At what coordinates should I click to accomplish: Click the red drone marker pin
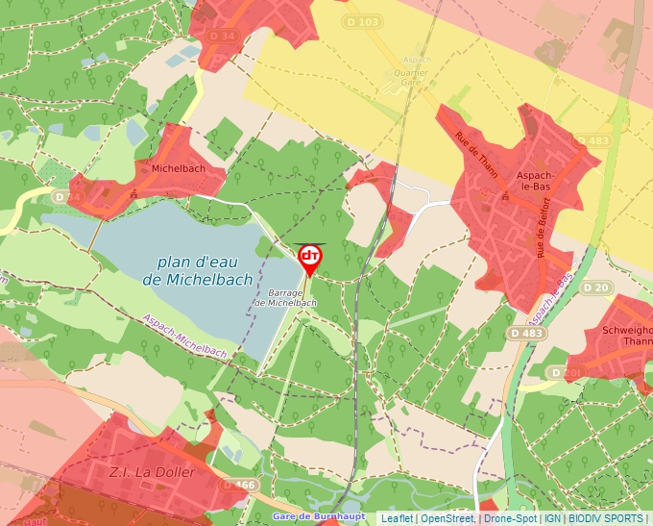coord(310,258)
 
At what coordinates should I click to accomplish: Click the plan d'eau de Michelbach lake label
coord(197,270)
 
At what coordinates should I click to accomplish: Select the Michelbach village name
coord(179,168)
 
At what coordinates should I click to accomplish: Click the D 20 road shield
coord(596,288)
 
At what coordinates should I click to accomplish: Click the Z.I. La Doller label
coord(154,472)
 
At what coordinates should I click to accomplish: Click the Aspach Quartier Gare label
coord(416,72)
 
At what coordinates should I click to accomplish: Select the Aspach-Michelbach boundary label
coord(184,337)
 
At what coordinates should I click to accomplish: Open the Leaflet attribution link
coord(397,518)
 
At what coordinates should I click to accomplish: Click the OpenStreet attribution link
coord(447,518)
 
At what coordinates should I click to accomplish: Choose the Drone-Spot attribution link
coord(510,518)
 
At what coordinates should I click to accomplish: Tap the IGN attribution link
coord(552,518)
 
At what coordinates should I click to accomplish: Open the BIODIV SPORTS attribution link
coord(605,518)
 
